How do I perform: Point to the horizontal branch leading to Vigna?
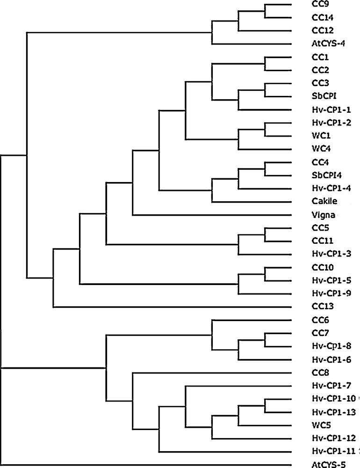pos(210,215)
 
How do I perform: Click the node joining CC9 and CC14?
pos(265,12)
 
